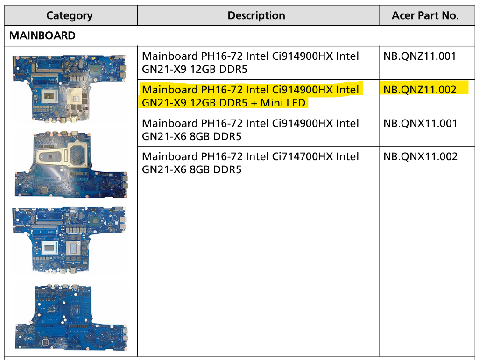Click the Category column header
(69, 15)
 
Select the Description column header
(256, 15)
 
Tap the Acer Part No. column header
(425, 15)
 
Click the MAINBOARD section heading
(42, 35)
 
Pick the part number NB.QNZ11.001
(420, 56)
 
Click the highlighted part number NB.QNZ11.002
(420, 90)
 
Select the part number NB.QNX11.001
(420, 124)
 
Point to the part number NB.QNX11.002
(420, 157)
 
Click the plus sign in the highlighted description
(253, 103)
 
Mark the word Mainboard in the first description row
(169, 56)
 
